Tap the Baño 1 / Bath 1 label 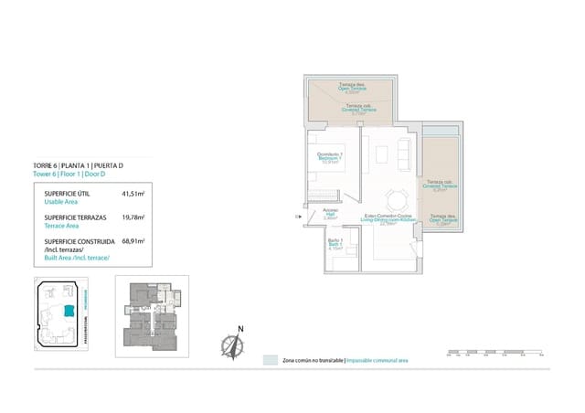335,246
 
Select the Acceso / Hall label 331,216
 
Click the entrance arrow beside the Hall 300,216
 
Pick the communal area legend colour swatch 270,361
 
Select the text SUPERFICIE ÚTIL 66,195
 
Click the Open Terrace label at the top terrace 351,90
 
